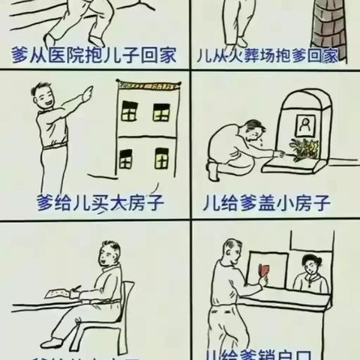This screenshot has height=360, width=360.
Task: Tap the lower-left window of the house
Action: point(126,158)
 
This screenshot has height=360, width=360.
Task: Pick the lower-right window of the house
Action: point(160,158)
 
